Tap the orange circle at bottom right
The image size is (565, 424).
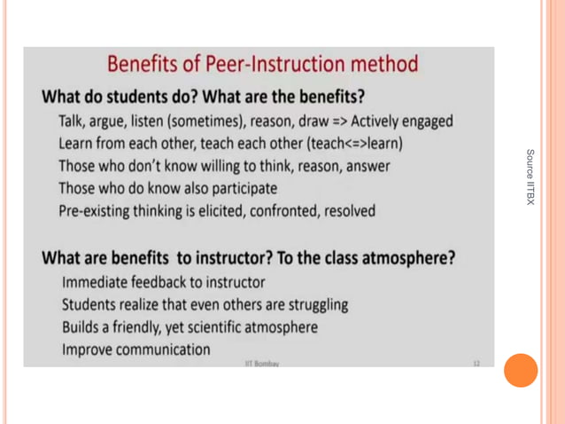[x=521, y=370]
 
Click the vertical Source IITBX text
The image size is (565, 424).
[x=530, y=177]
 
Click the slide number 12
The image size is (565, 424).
[x=476, y=364]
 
